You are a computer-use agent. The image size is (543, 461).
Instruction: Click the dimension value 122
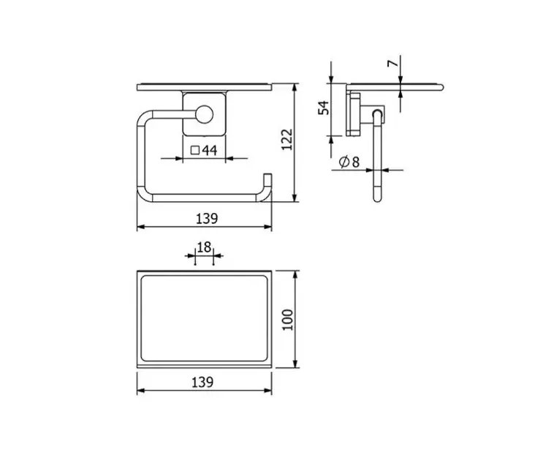click(287, 139)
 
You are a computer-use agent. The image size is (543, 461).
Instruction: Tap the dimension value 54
click(324, 108)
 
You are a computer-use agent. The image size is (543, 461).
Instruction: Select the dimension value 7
click(393, 64)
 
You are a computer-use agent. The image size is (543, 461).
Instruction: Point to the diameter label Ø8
click(349, 162)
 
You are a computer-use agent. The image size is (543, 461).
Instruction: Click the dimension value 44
click(210, 150)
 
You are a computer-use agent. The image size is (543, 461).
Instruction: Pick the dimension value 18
click(204, 247)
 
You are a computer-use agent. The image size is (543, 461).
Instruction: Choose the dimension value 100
click(287, 320)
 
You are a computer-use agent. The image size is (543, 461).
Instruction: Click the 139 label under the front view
click(207, 219)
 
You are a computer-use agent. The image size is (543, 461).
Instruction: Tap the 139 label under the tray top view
click(202, 382)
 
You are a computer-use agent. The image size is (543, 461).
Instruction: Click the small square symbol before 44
click(195, 151)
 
